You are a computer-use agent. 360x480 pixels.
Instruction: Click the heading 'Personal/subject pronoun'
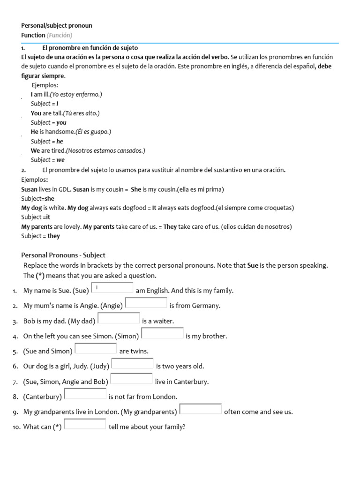(57, 25)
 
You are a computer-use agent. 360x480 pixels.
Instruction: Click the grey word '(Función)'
(60, 35)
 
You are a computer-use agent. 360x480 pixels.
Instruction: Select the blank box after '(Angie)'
(146, 303)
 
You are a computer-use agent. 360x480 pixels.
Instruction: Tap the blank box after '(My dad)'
(119, 318)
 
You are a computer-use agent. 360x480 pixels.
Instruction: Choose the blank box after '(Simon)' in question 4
(162, 333)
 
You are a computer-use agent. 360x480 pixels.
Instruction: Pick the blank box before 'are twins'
(96, 348)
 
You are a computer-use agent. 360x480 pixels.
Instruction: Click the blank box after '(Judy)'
(132, 364)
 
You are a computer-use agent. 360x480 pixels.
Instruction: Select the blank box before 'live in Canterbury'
(132, 379)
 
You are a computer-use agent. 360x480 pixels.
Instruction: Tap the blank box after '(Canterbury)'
(85, 394)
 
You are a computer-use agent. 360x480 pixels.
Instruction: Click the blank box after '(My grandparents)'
(201, 409)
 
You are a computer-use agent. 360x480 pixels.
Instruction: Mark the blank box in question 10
(85, 424)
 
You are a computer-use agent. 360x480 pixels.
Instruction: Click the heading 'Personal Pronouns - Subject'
(63, 255)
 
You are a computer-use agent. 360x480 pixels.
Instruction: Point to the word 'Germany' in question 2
(206, 306)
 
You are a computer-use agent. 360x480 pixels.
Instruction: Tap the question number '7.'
(15, 382)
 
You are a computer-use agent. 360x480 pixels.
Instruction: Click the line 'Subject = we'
(48, 160)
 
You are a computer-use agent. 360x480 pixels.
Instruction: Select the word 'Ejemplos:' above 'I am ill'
(45, 85)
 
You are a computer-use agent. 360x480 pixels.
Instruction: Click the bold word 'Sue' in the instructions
(253, 265)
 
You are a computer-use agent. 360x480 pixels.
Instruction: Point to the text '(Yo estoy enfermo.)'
(76, 94)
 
